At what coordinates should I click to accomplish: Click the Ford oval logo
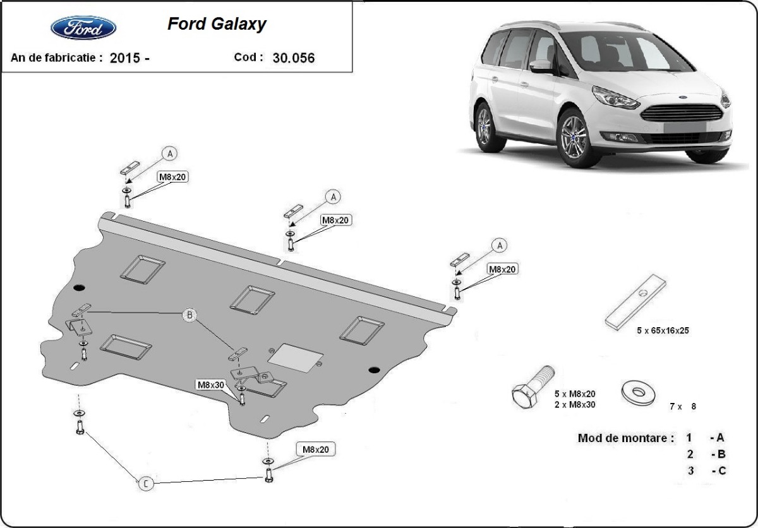pos(83,28)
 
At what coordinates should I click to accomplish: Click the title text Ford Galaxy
pos(217,24)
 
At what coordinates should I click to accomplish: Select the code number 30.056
pos(294,57)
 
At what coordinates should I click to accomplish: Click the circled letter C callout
pos(145,484)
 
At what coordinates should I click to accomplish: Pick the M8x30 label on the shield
pos(211,384)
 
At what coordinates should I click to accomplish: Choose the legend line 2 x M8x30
pos(574,404)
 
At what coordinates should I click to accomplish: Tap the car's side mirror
pos(541,67)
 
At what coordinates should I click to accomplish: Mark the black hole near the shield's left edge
pos(79,289)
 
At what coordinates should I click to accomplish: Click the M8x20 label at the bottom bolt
pos(315,450)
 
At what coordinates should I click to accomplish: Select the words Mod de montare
pos(625,438)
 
